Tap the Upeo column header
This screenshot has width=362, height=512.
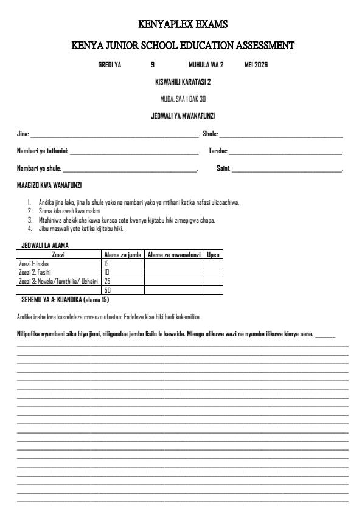213,255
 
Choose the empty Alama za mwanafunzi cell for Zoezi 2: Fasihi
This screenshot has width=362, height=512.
174,273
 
